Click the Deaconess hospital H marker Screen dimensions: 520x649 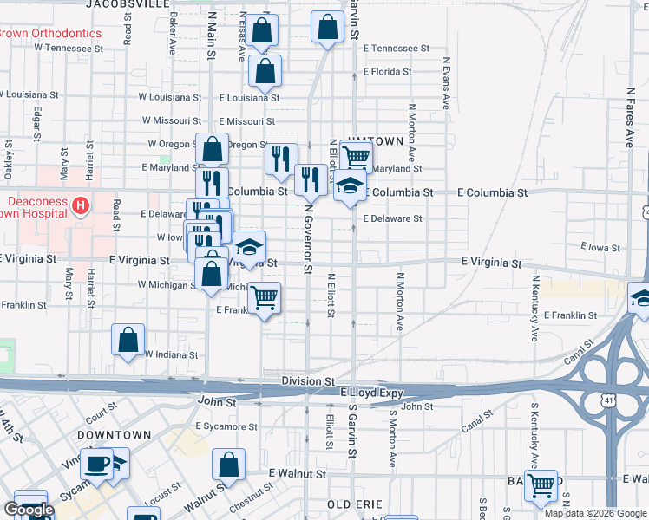(81, 205)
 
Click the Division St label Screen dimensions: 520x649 (308, 380)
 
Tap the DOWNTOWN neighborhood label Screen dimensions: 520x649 (114, 434)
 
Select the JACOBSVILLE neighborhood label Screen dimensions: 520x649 (128, 4)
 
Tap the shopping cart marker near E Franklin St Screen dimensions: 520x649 (265, 298)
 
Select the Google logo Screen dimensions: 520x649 (29, 510)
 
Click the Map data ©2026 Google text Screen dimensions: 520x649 (595, 513)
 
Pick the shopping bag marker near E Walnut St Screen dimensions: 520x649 (228, 465)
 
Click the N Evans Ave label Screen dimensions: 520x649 (446, 82)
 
